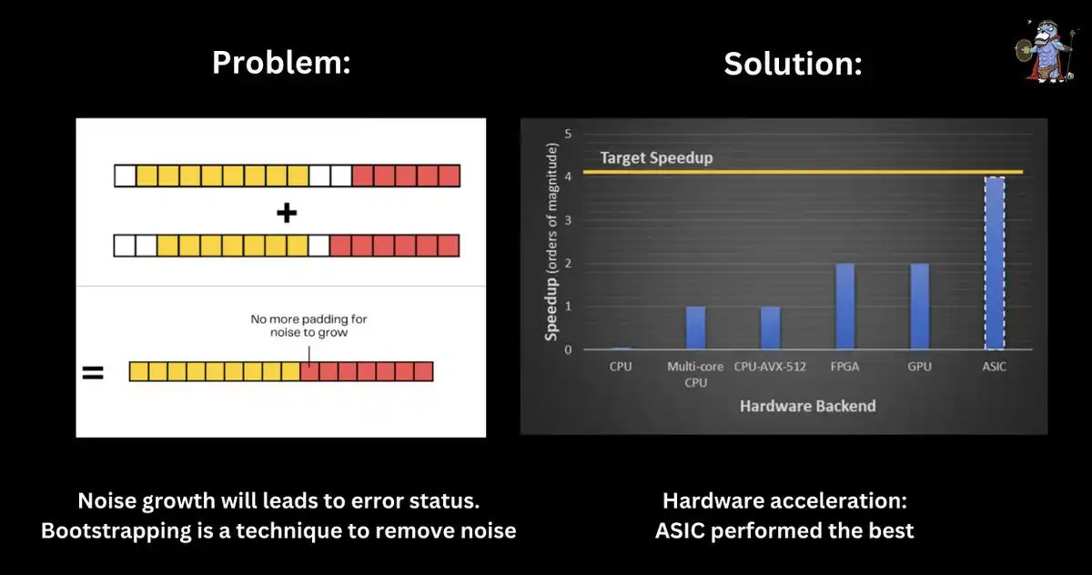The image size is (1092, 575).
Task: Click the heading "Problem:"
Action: tap(280, 63)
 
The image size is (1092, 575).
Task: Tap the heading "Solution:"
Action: tap(793, 64)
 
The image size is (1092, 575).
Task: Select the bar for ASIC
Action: tap(995, 263)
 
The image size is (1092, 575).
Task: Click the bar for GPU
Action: tap(920, 307)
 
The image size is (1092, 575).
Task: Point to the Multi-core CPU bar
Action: tap(695, 328)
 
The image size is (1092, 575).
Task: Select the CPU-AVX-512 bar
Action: tap(771, 328)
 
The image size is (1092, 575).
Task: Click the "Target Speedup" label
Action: tap(656, 157)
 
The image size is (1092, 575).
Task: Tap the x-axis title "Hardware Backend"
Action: tap(807, 406)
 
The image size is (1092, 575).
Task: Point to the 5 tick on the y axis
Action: tap(568, 134)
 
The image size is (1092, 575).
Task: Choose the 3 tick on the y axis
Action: tap(568, 220)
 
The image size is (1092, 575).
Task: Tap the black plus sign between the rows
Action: tap(287, 214)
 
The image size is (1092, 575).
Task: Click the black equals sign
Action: tap(93, 372)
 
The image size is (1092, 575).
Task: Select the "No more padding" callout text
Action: tap(309, 326)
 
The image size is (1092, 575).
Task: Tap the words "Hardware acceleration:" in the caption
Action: tap(784, 500)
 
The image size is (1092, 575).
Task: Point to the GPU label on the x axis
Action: tap(920, 367)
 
